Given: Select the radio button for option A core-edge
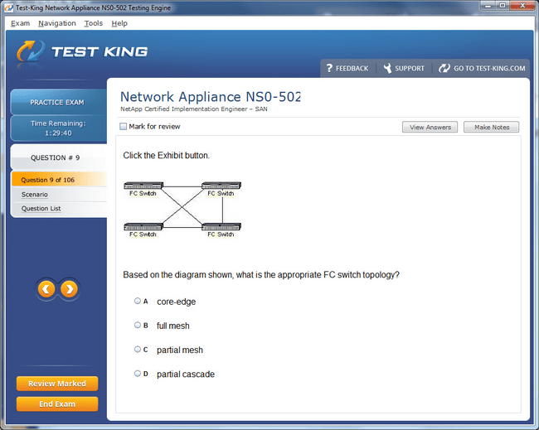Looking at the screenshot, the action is click(138, 302).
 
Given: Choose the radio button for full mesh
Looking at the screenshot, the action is click(138, 326).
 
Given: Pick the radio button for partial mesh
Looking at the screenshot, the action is click(138, 350).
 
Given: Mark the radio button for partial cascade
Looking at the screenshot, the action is click(138, 374).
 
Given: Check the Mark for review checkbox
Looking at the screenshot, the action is click(123, 127).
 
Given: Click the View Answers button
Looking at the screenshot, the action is click(430, 127).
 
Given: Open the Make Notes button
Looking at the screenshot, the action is click(491, 127).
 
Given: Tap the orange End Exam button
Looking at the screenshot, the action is click(57, 403).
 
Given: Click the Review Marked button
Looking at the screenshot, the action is click(57, 384).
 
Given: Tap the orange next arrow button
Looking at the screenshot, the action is click(69, 289).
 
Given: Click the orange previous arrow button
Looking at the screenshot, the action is click(46, 289).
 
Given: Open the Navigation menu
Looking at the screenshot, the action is click(57, 23).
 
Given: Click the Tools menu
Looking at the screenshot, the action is click(94, 23).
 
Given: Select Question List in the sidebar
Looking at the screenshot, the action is click(41, 209).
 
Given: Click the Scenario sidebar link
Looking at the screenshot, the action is click(34, 195).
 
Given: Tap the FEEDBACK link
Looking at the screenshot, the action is click(347, 68).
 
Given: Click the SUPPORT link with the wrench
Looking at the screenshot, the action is click(404, 68).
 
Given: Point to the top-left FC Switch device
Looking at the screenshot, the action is click(143, 186).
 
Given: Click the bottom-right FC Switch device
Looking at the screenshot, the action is click(221, 227).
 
